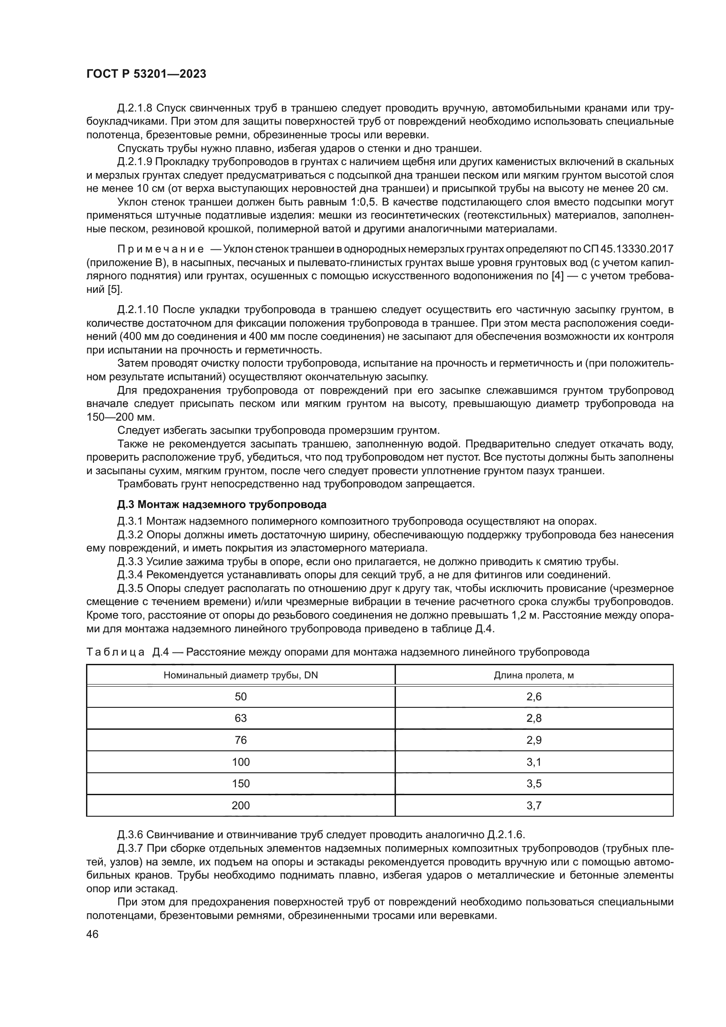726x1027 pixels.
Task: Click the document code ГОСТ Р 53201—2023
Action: (146, 74)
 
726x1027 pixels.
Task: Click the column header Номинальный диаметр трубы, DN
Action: (241, 675)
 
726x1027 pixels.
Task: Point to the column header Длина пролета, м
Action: (534, 675)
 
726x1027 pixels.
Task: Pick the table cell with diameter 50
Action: (241, 697)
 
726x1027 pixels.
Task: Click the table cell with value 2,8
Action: (534, 718)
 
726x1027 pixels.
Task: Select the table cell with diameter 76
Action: (241, 740)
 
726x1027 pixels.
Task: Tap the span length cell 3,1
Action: (534, 762)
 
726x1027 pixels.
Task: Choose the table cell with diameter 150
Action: (241, 784)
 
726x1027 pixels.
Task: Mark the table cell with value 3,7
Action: (534, 806)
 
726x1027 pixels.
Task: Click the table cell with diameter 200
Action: (241, 806)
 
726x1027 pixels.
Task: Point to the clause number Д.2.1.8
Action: (135, 108)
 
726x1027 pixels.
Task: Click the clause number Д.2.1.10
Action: (138, 310)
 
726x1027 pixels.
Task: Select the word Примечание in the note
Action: (161, 249)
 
